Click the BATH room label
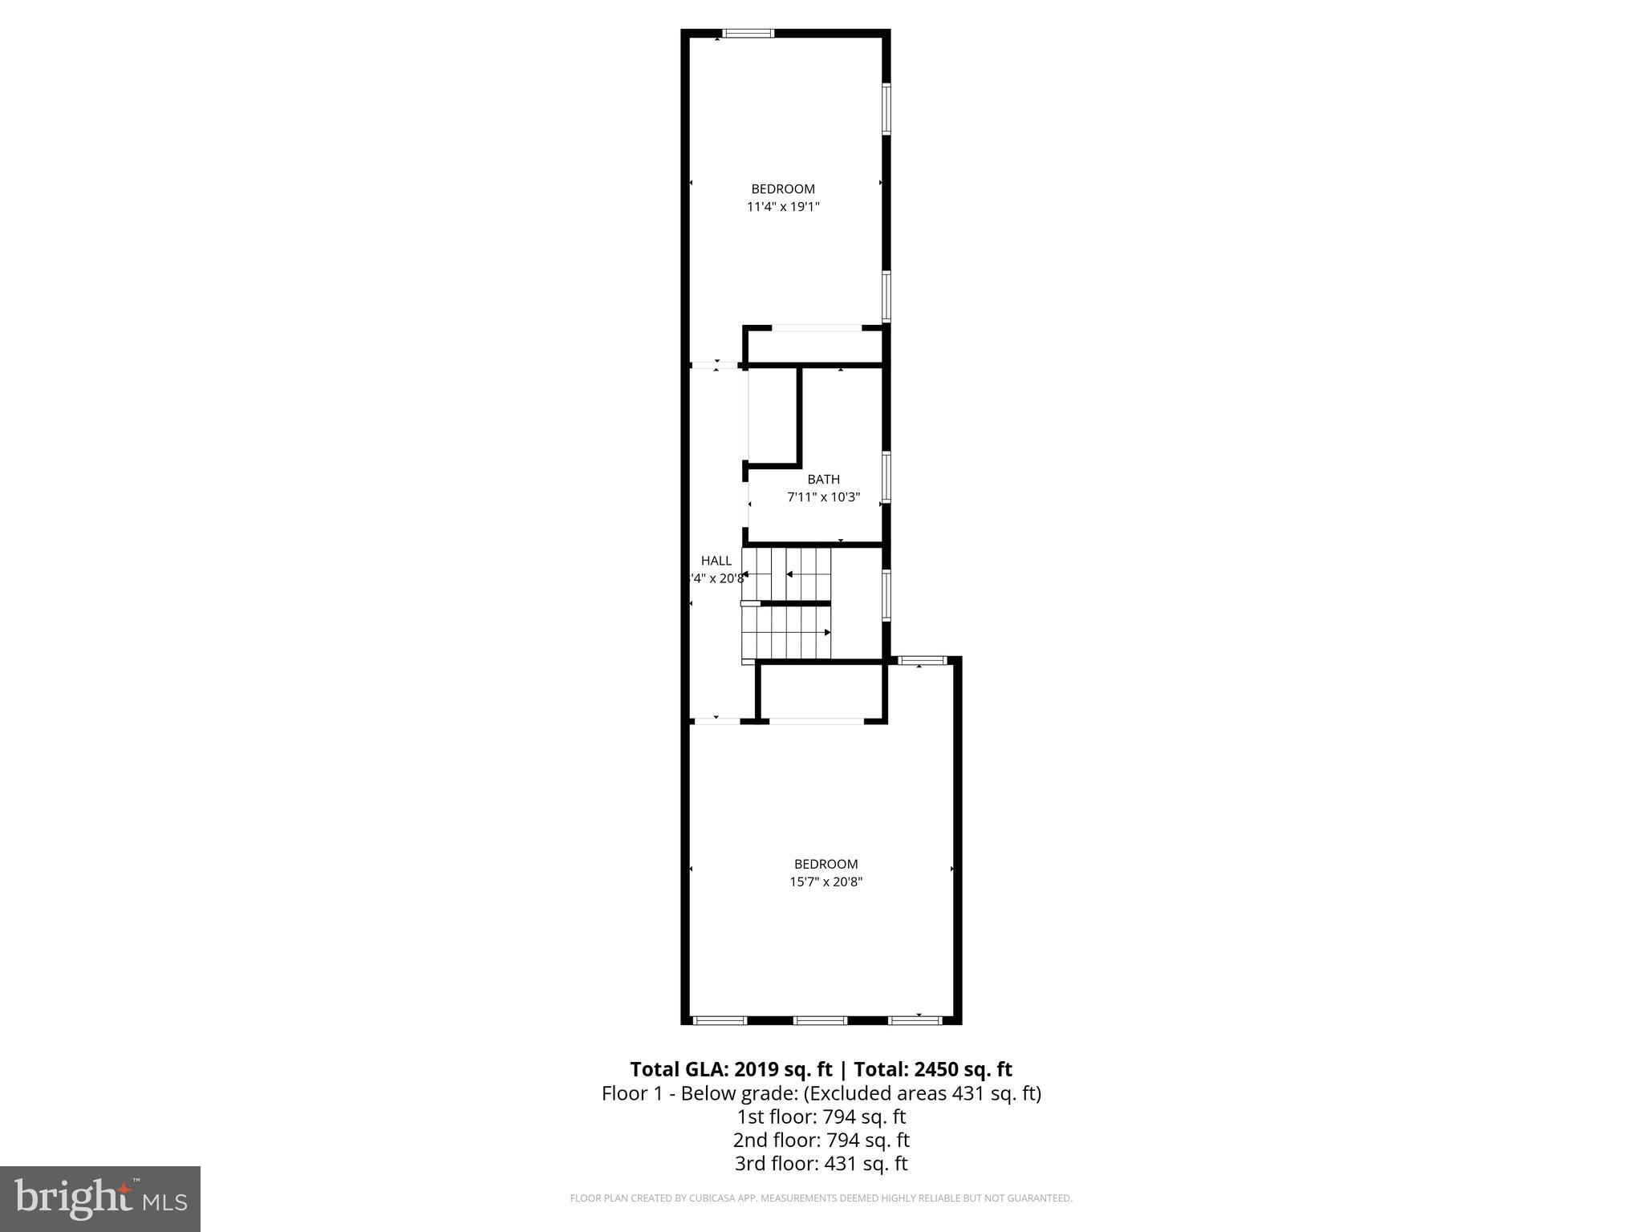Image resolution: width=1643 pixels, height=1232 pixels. click(823, 479)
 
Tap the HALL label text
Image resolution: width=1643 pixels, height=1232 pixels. click(716, 561)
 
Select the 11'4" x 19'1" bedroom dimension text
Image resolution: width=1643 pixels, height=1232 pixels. click(783, 207)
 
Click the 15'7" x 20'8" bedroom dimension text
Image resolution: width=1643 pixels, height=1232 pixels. click(826, 881)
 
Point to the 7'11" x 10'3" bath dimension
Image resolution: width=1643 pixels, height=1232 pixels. click(823, 497)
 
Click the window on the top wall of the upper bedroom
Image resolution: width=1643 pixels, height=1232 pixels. click(748, 34)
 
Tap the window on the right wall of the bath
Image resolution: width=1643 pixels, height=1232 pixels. click(886, 477)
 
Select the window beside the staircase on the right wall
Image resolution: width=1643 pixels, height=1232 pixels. click(886, 594)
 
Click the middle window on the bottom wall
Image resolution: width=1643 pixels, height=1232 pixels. click(820, 1020)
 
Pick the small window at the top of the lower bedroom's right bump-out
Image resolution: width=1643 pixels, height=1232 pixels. click(922, 660)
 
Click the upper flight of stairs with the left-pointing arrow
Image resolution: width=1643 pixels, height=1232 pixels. click(786, 573)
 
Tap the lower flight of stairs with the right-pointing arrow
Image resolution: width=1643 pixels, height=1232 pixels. click(786, 632)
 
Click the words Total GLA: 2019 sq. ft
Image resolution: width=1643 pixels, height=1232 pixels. click(731, 1069)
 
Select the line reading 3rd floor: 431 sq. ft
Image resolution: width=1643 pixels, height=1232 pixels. click(821, 1163)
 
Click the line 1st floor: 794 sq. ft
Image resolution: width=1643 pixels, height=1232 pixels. click(821, 1116)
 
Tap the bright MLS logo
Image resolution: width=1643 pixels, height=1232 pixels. click(100, 1199)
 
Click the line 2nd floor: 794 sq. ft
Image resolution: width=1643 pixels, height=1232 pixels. click(821, 1140)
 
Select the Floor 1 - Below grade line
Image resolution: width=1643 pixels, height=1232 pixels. click(821, 1093)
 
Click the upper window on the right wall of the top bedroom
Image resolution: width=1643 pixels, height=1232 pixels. click(886, 108)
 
